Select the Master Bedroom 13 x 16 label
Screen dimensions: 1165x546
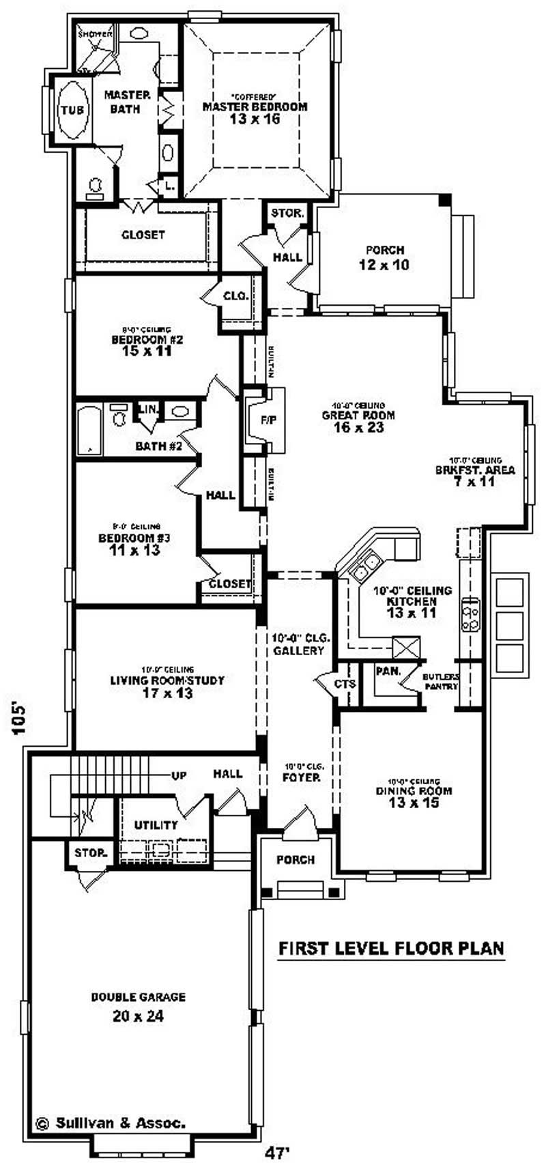point(255,113)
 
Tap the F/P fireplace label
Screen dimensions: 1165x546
point(268,420)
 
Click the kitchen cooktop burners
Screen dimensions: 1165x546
point(470,614)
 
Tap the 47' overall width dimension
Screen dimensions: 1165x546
point(277,1153)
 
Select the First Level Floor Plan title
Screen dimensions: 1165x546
point(391,948)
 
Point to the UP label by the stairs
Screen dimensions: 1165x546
point(179,776)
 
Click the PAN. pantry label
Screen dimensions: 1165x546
point(388,672)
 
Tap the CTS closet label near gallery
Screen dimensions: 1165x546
point(345,684)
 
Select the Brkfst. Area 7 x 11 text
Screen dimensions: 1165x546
point(475,475)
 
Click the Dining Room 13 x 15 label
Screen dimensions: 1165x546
point(413,797)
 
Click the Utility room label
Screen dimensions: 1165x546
point(156,825)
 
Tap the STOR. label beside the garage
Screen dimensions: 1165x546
point(90,853)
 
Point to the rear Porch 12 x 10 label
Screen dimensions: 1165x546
point(384,257)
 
